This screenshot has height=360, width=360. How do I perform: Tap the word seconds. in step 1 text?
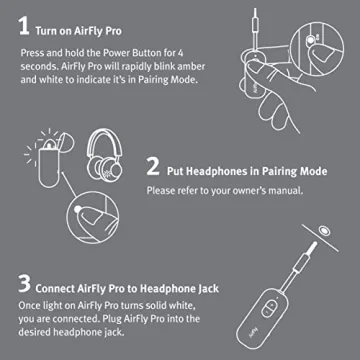tap(41, 71)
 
